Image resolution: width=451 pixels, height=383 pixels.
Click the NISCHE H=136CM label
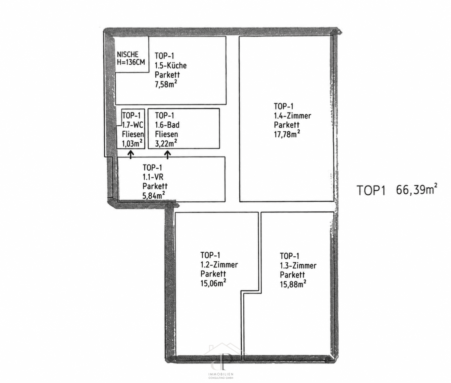point(131,58)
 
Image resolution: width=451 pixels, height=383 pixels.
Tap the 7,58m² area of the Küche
point(166,84)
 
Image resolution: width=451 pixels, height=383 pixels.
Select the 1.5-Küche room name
point(171,65)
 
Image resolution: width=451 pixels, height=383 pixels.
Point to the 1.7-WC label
point(133,125)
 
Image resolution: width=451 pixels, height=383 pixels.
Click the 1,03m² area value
point(132,144)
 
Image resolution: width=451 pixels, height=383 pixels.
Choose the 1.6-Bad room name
point(167,125)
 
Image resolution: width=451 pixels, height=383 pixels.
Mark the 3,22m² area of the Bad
point(166,143)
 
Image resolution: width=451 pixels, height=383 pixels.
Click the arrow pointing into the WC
point(131,154)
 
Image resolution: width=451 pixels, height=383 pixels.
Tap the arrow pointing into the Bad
point(168,154)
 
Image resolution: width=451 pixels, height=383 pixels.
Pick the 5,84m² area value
point(154,195)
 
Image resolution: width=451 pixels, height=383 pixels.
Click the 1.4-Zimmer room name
point(292,116)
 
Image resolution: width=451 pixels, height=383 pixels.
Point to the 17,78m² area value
point(287,134)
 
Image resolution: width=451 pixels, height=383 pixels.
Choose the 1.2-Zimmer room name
point(219,265)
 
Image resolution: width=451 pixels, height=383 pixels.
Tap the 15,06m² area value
point(213,283)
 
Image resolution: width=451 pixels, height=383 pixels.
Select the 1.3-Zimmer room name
point(298,266)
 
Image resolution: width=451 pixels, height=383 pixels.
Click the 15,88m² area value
point(293,284)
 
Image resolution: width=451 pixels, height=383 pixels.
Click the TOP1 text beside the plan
point(371,190)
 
